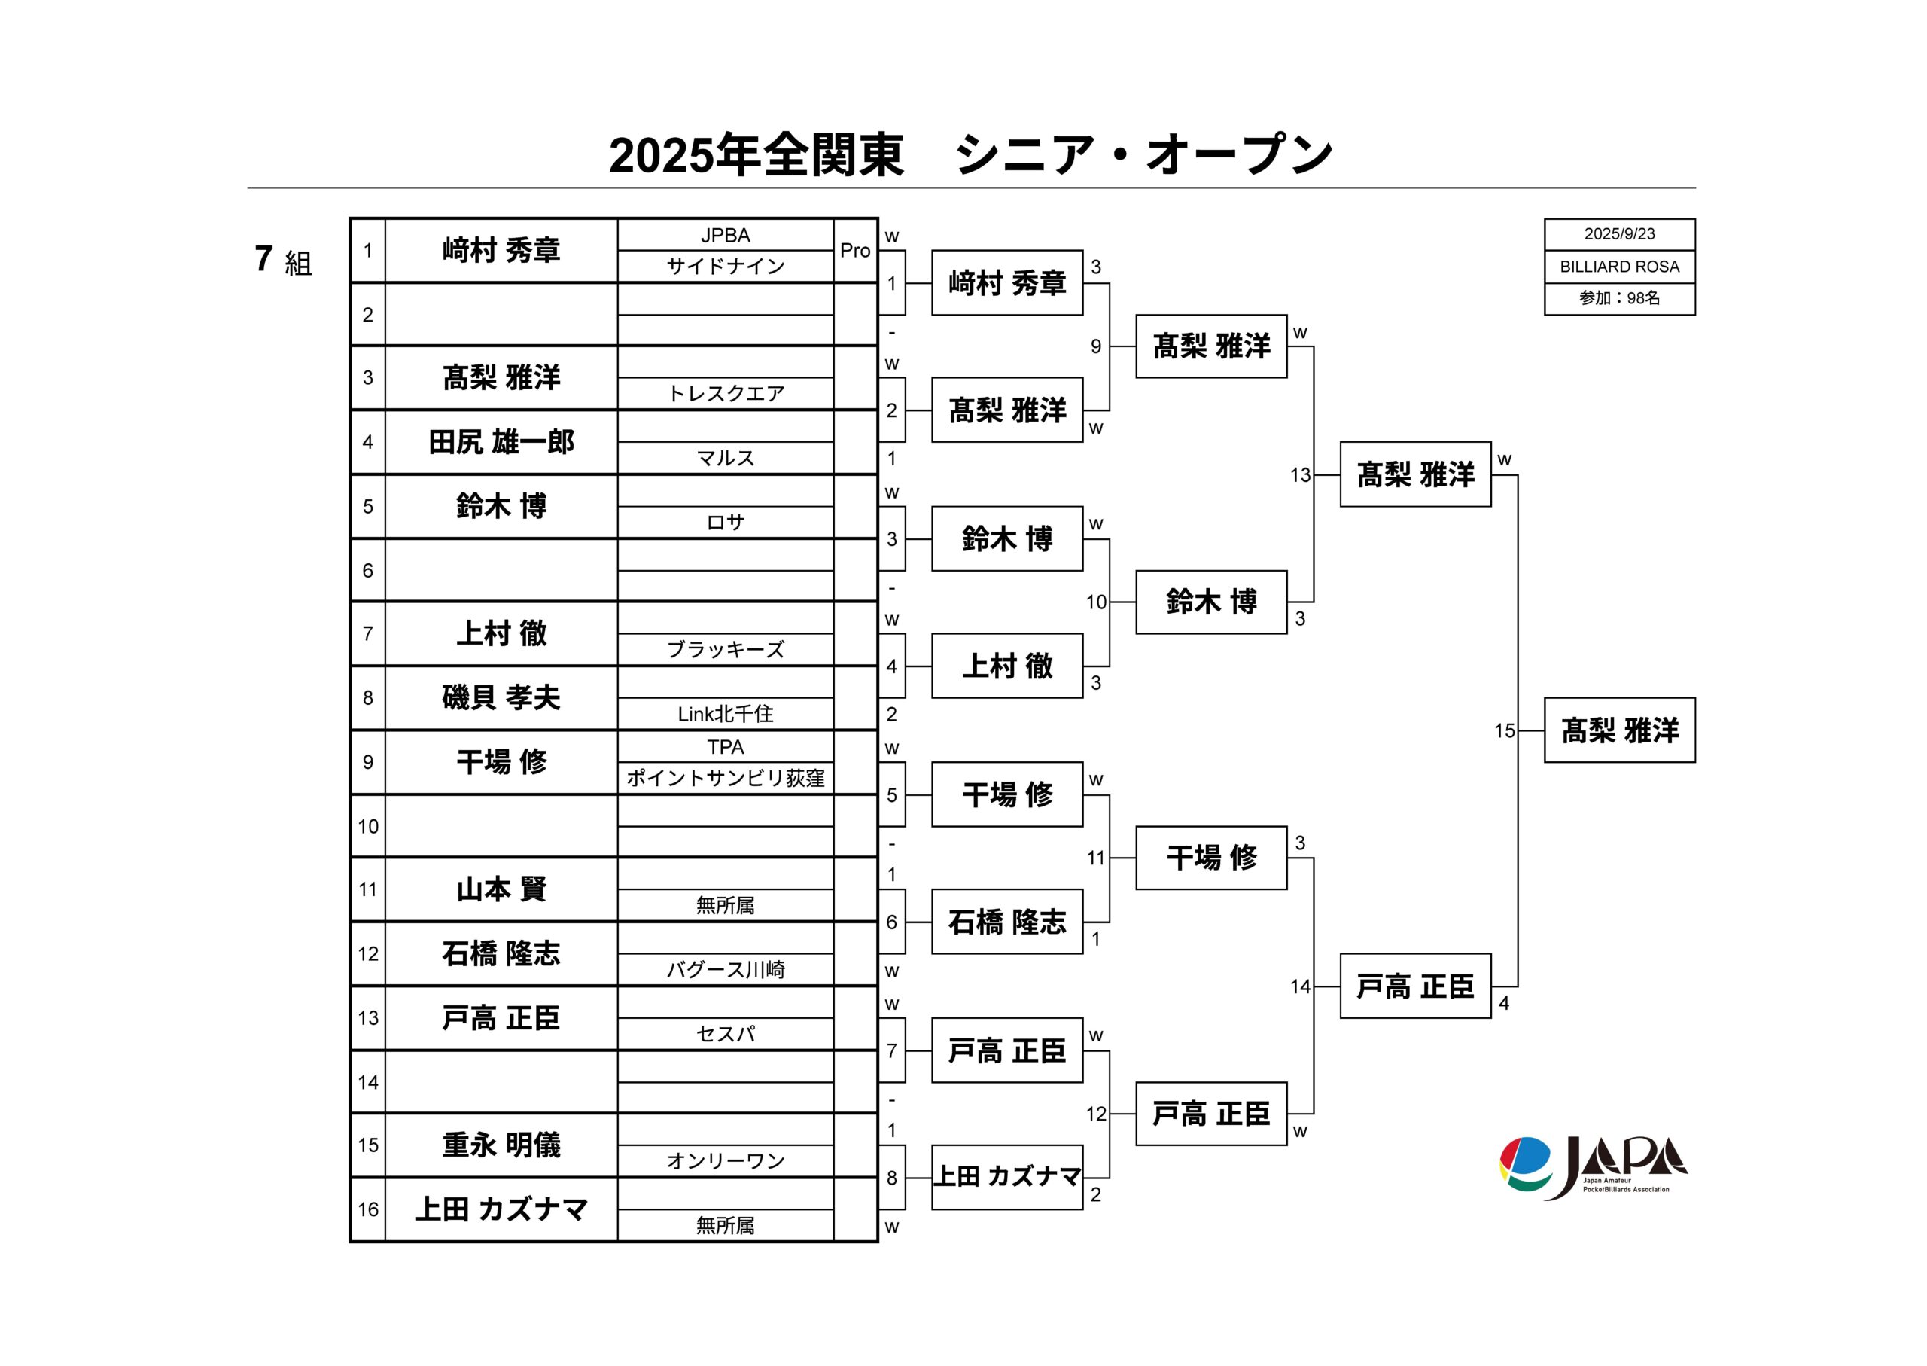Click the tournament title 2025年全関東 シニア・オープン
coord(971,155)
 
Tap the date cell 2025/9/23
coord(1619,234)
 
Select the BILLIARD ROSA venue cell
coord(1619,267)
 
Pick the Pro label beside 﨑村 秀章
coord(855,250)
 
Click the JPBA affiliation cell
coord(726,236)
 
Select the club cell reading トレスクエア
coord(726,394)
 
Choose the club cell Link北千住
coord(726,713)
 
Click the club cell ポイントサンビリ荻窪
coord(726,778)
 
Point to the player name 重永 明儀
coord(501,1145)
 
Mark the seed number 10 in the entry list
coord(368,826)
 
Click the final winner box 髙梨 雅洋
coord(1619,730)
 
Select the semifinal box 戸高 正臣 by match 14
coord(1415,986)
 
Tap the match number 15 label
coord(1504,731)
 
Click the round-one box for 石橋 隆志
coord(1006,922)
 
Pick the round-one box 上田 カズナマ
coord(1006,1178)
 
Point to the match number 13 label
coord(1300,475)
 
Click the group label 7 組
coord(283,260)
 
